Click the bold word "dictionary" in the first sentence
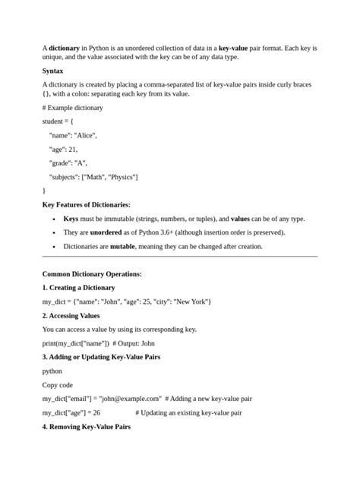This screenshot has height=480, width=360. [65, 48]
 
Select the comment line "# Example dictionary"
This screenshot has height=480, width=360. [73, 108]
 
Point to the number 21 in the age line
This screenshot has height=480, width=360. [74, 149]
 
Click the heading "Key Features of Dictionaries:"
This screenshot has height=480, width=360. [86, 205]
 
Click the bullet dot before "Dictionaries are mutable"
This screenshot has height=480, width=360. [54, 247]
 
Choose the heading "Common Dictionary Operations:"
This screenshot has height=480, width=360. [92, 273]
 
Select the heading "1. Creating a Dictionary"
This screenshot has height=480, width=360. [79, 288]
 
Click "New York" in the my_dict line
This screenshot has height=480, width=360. [191, 302]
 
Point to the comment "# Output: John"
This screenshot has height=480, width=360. [137, 343]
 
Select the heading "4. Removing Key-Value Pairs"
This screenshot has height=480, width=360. [86, 427]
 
